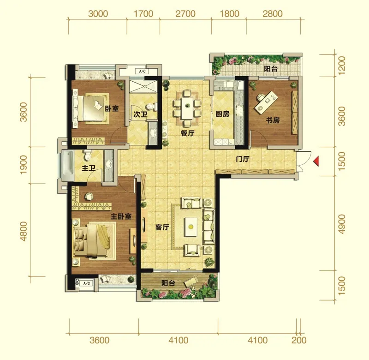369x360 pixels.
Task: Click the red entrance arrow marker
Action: pyautogui.click(x=316, y=161)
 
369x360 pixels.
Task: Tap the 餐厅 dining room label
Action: pyautogui.click(x=188, y=133)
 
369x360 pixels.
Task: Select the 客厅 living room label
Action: pyautogui.click(x=162, y=227)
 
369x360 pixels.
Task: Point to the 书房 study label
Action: pyautogui.click(x=273, y=120)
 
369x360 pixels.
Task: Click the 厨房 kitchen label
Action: pyautogui.click(x=222, y=114)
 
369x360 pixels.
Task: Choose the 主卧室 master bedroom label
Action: pyautogui.click(x=121, y=216)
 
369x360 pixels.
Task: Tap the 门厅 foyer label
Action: pyautogui.click(x=243, y=159)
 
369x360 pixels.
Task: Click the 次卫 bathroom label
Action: pyautogui.click(x=141, y=114)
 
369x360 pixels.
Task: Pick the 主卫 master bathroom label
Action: pyautogui.click(x=89, y=168)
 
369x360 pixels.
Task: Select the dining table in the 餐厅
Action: pyautogui.click(x=187, y=108)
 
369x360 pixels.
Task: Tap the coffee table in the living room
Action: pyautogui.click(x=191, y=227)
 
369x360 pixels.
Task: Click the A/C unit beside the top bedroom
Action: pyautogui.click(x=143, y=71)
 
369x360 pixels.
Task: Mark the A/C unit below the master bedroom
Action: pyautogui.click(x=87, y=283)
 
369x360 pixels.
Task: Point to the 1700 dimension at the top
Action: pyautogui.click(x=143, y=14)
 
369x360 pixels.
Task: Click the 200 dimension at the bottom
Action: pyautogui.click(x=299, y=340)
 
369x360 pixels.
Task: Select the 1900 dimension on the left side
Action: pyautogui.click(x=24, y=165)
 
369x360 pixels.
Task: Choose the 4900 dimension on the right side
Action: pyautogui.click(x=341, y=224)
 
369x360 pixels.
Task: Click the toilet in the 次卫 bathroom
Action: pyautogui.click(x=151, y=107)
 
